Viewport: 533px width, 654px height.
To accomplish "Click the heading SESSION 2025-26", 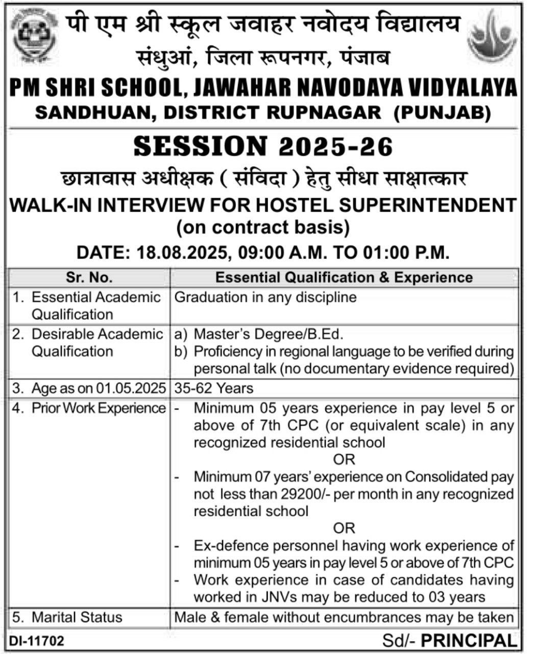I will (263, 146).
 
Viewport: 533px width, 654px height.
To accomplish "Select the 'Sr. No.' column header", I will (89, 277).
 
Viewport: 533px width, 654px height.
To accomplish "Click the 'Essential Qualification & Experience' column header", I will (344, 277).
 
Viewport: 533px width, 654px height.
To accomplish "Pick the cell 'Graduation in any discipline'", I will (265, 297).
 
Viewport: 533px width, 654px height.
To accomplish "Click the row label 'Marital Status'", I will (77, 617).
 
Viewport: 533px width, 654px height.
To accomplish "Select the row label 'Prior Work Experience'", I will (99, 408).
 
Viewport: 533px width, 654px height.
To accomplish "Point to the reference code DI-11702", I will (35, 640).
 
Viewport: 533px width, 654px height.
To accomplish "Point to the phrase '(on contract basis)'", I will (263, 226).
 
